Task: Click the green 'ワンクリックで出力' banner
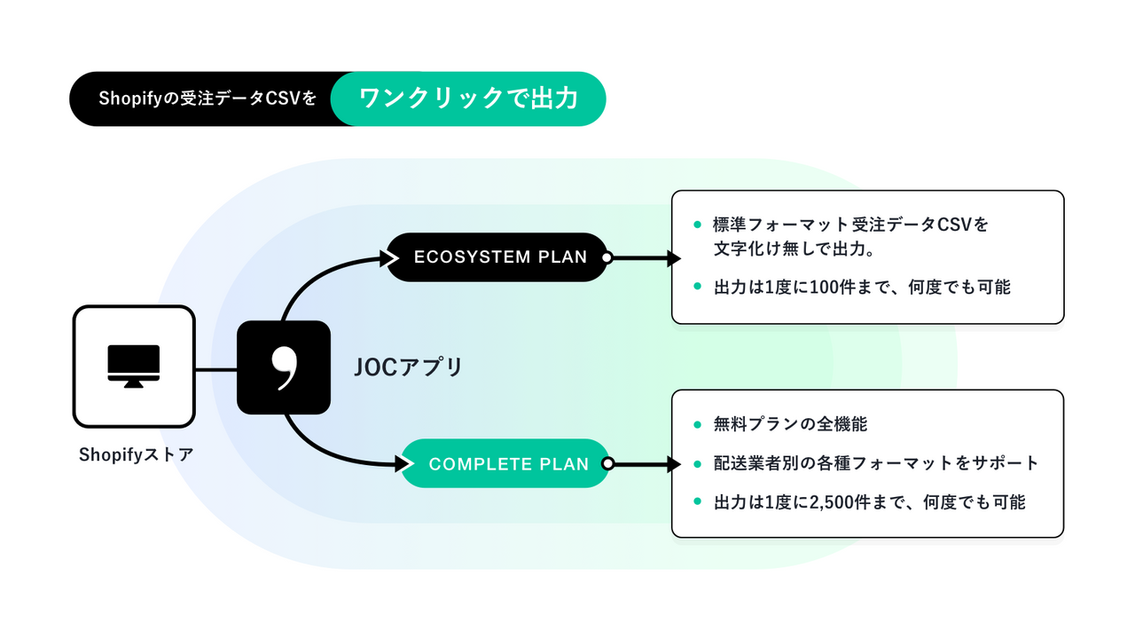(x=468, y=99)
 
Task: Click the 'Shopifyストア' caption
(x=136, y=454)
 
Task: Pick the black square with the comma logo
(x=284, y=367)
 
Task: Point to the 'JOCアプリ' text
(x=408, y=367)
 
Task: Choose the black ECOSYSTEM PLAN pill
(x=500, y=257)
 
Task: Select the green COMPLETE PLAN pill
(x=508, y=463)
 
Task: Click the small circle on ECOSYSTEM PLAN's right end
(x=607, y=257)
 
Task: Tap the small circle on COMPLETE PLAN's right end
(x=607, y=463)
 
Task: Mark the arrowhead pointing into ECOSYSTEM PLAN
(x=387, y=257)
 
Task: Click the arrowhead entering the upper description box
(x=673, y=257)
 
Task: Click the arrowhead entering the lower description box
(x=673, y=463)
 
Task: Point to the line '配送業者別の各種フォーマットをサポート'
(x=875, y=463)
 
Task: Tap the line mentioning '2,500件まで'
(x=869, y=502)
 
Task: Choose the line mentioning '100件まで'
(x=862, y=288)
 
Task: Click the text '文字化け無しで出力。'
(x=795, y=249)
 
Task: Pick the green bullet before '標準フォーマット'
(x=697, y=225)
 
